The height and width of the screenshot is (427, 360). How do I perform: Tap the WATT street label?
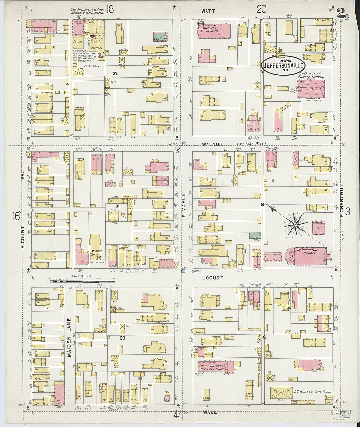tap(208, 11)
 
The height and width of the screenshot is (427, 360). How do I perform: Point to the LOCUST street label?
tap(212, 278)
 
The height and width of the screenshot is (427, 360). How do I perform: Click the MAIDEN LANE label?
tap(69, 337)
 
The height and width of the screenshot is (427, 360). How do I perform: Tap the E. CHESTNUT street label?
tap(341, 200)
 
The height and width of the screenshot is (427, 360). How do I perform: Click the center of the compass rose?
tap(295, 225)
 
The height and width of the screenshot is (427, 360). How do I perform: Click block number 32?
tap(115, 74)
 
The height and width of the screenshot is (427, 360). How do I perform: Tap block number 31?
tap(108, 206)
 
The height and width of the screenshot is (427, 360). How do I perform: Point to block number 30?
tap(122, 338)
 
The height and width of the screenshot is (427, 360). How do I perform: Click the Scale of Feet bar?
tap(82, 281)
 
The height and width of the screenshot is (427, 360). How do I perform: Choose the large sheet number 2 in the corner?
tap(342, 12)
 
